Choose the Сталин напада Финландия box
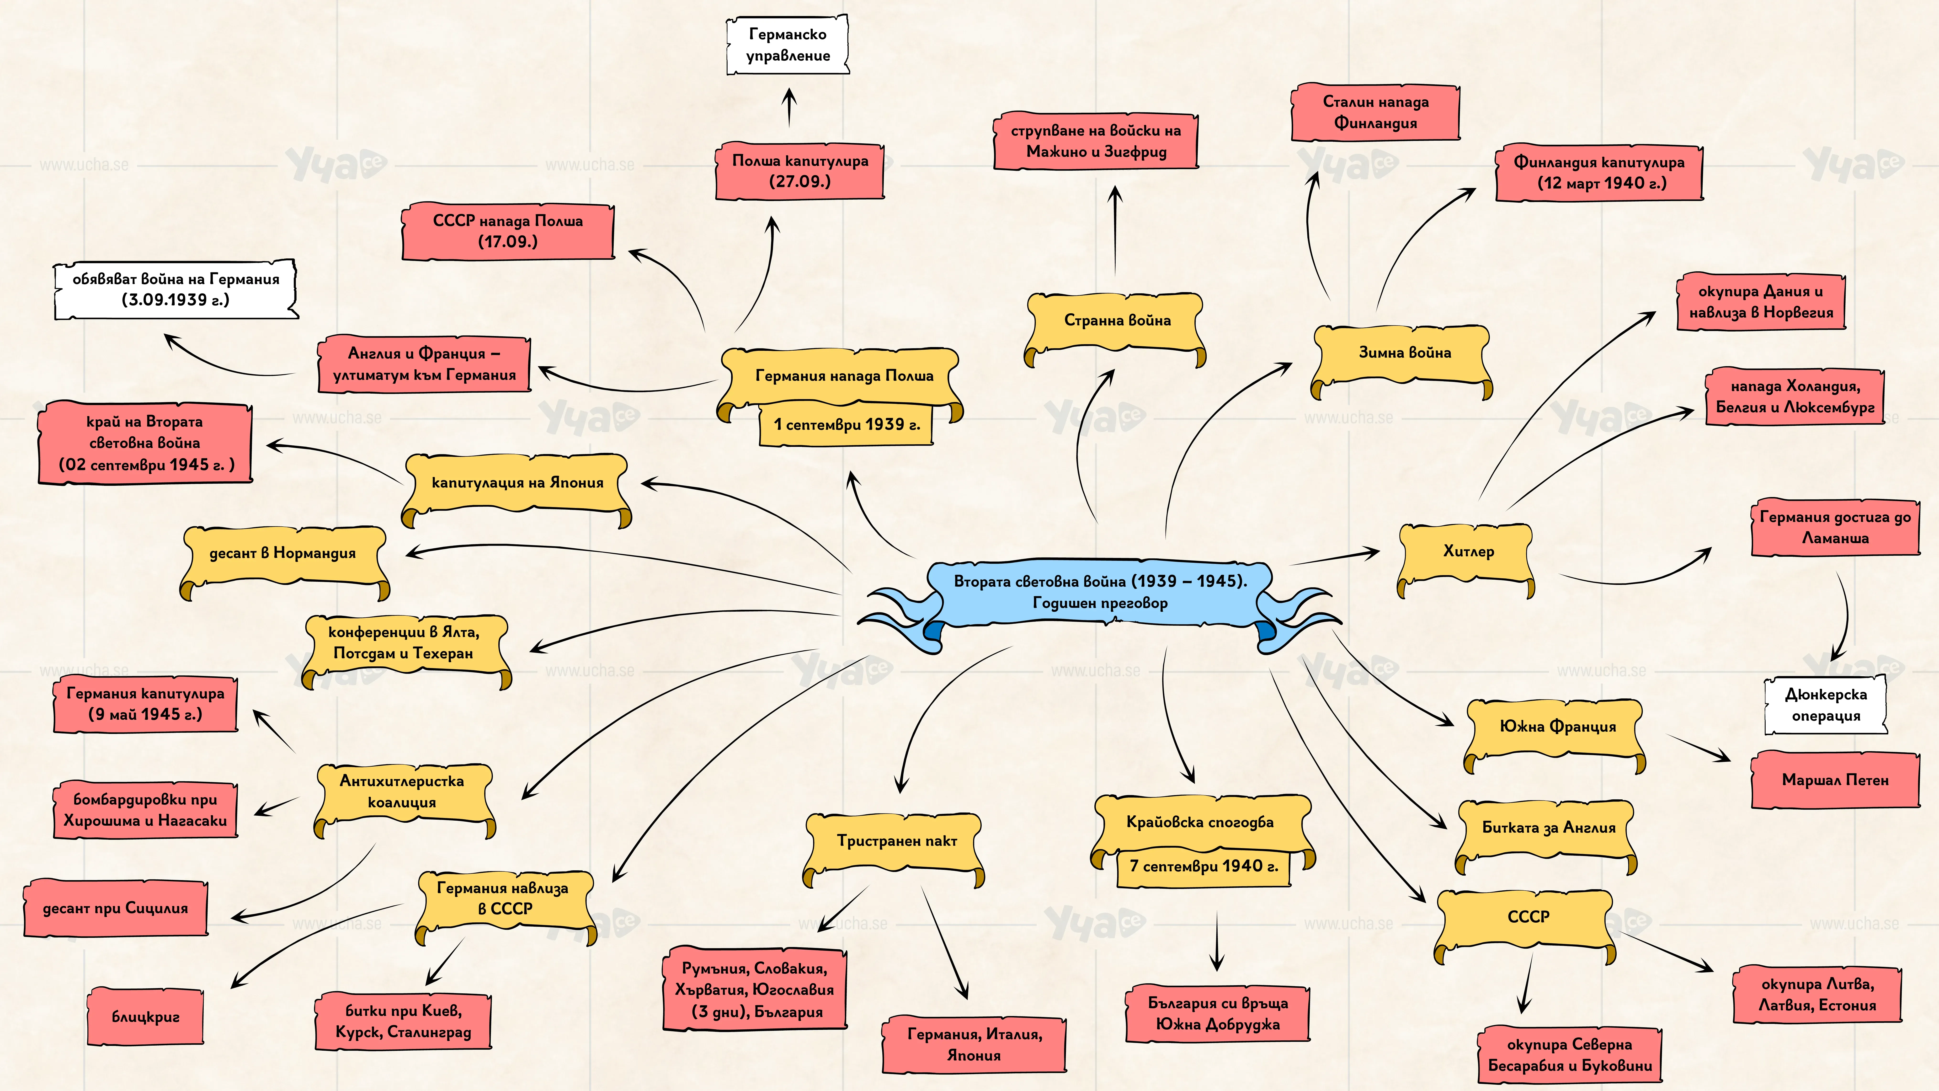(x=1375, y=112)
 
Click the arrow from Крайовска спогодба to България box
(x=1217, y=941)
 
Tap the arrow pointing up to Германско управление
(x=789, y=107)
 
